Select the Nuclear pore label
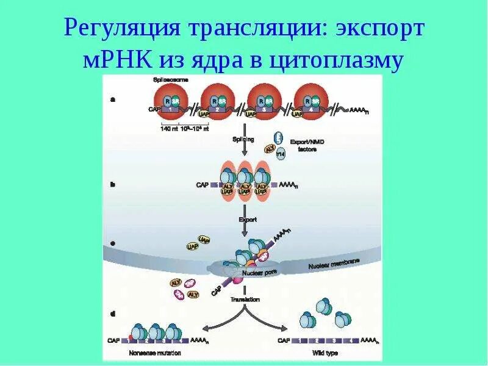coord(252,273)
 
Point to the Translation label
coord(245,300)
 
